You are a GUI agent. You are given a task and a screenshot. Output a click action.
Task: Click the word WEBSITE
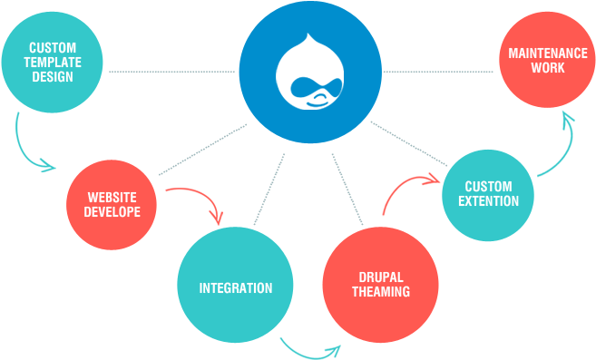click(x=112, y=197)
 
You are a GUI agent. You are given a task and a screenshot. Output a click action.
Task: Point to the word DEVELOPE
click(x=112, y=211)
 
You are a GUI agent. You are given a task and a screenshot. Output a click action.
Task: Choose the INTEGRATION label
click(x=236, y=288)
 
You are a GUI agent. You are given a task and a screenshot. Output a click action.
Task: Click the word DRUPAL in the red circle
click(x=381, y=277)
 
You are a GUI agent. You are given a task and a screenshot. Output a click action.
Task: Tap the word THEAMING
click(x=381, y=292)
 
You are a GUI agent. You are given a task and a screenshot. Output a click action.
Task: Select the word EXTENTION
click(x=488, y=201)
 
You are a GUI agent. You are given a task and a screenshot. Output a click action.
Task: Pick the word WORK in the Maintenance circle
click(x=548, y=68)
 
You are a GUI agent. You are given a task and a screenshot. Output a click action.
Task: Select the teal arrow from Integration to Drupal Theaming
click(x=310, y=350)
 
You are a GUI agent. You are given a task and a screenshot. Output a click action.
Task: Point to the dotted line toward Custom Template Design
click(x=172, y=71)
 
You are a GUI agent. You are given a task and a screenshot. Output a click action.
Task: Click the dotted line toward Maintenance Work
click(x=440, y=71)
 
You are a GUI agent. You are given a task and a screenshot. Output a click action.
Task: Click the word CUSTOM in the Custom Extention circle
click(x=488, y=187)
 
